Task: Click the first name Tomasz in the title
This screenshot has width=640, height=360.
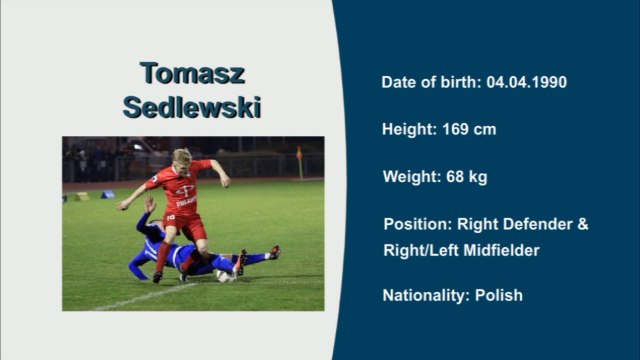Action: point(192,74)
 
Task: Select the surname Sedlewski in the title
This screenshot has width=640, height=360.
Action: point(192,107)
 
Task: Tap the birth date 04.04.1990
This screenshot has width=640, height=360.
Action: point(527,82)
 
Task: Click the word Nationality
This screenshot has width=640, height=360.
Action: point(420,295)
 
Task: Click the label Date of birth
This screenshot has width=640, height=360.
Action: point(430,82)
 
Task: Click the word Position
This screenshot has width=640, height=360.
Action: point(416,224)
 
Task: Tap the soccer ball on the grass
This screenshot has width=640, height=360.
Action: point(223,274)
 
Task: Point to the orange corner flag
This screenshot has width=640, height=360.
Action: point(299,154)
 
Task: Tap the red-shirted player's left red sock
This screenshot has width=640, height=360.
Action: point(162,257)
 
